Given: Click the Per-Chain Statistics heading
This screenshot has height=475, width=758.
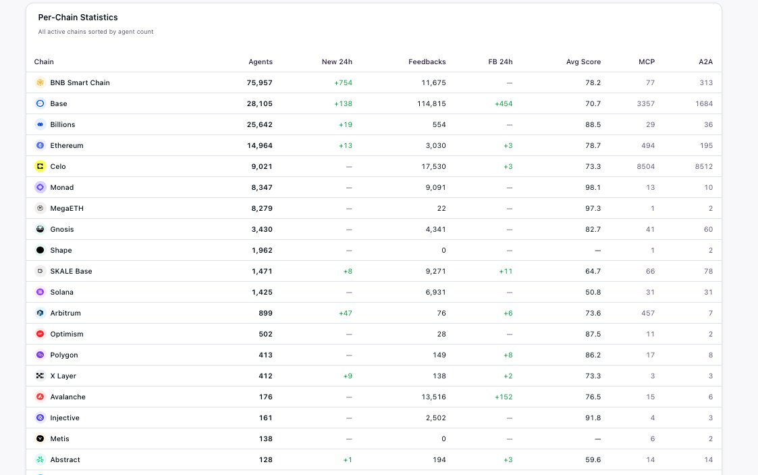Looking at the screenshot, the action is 78,18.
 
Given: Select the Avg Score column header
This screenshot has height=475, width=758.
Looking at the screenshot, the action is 583,62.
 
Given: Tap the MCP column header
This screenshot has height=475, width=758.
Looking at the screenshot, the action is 647,62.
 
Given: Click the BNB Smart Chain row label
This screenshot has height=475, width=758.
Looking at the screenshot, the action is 80,82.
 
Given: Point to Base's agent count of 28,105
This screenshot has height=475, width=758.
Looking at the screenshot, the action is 260,103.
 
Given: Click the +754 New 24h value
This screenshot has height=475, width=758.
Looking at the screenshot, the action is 344,82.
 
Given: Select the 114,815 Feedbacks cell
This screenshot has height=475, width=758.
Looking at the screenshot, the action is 432,103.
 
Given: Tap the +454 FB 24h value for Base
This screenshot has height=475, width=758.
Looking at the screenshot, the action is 504,103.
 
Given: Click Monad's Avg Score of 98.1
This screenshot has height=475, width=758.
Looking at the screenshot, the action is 593,187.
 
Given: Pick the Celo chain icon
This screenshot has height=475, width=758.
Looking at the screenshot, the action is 40,166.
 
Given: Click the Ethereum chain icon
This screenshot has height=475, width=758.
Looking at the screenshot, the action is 40,145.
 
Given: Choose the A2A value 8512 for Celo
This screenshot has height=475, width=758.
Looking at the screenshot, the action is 704,166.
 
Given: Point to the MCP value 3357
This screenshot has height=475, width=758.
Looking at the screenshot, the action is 646,103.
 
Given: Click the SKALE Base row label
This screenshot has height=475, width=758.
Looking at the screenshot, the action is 71,272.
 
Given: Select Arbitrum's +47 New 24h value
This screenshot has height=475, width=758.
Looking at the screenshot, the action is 346,313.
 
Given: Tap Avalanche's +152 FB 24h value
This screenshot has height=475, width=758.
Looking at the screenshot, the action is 504,397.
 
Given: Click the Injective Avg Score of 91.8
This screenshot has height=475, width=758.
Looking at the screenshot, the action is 593,418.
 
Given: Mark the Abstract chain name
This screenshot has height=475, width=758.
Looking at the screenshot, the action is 65,460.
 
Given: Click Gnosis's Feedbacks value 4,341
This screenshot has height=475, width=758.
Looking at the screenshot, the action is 435,229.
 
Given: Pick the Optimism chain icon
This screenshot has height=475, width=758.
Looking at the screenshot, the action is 40,334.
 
